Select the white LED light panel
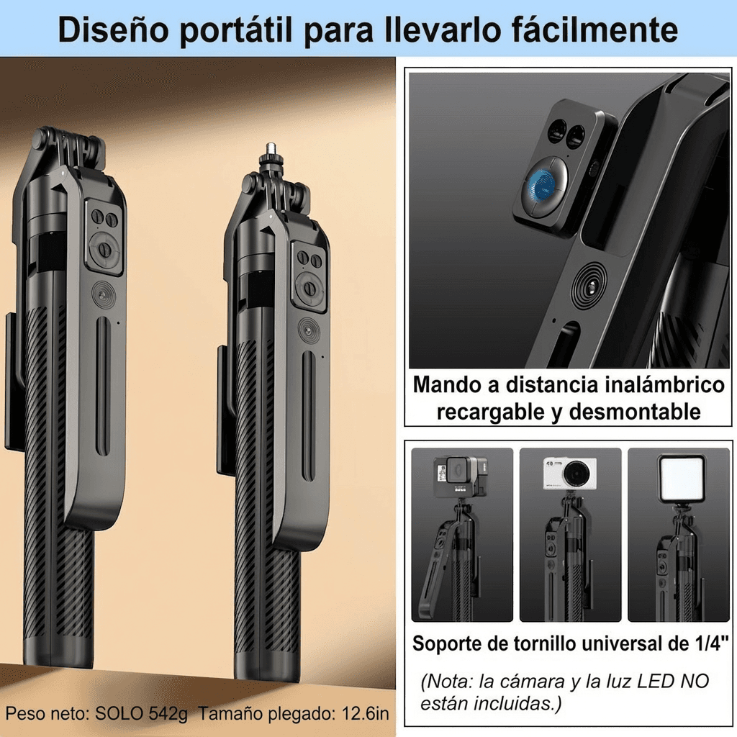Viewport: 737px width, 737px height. [680, 477]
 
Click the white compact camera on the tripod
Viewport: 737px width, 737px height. [569, 474]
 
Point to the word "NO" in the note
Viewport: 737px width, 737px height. [695, 680]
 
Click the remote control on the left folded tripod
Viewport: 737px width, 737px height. [104, 238]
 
